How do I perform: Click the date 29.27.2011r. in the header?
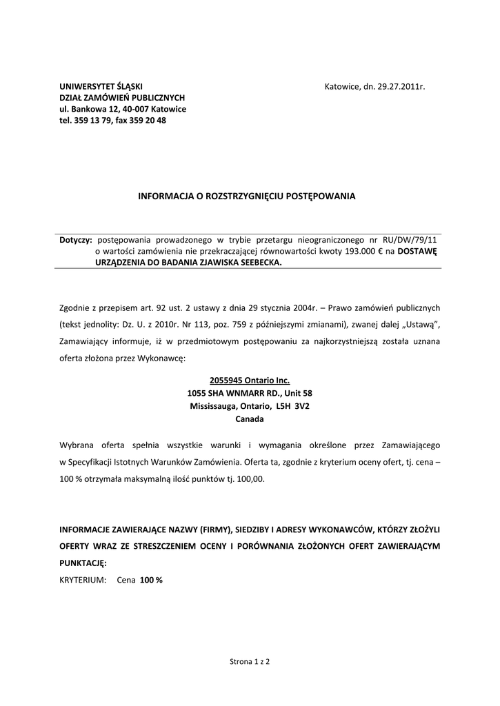click(401, 87)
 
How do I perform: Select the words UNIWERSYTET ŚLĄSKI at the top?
click(101, 87)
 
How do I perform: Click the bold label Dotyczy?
click(76, 241)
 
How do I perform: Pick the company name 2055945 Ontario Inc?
click(250, 381)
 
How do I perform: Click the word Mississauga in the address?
click(214, 406)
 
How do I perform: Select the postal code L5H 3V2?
click(292, 406)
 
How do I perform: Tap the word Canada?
click(250, 419)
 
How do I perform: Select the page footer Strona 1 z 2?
click(250, 661)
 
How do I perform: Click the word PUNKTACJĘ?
click(83, 563)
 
